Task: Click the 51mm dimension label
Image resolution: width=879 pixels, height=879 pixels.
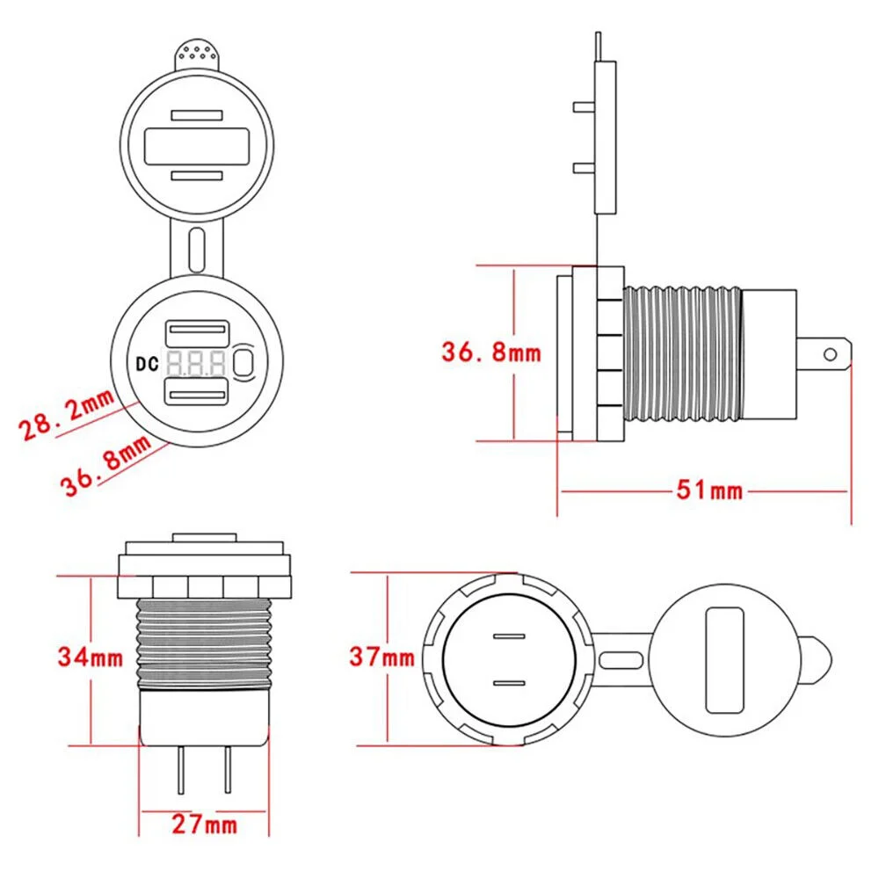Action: point(708,490)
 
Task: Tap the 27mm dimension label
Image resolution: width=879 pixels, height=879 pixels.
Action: point(204,824)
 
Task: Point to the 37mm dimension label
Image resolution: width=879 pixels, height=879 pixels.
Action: point(381,656)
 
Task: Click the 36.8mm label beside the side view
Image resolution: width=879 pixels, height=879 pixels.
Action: point(490,353)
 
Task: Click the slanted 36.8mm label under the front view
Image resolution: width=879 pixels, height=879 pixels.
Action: point(106,469)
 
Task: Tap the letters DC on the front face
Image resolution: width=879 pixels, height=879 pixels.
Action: point(147,361)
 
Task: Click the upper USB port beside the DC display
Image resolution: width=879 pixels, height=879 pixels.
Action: point(198,334)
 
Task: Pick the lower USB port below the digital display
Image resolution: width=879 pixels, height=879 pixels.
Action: point(198,388)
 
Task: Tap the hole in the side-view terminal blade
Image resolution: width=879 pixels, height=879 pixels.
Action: point(829,354)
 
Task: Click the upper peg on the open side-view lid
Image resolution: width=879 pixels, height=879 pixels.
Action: point(582,107)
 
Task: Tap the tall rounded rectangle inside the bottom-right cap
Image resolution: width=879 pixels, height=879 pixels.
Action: point(723,658)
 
